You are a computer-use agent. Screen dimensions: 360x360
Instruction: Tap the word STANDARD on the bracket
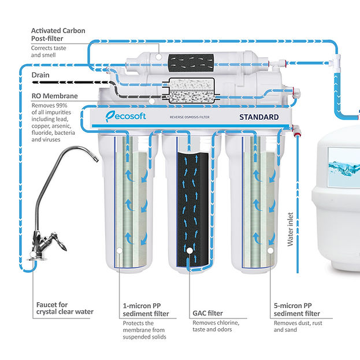click(x=259, y=117)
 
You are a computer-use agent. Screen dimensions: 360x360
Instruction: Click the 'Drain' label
click(x=40, y=75)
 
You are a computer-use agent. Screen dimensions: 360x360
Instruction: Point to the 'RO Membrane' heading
click(x=55, y=96)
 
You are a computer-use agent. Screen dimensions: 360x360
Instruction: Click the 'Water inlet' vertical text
click(x=291, y=228)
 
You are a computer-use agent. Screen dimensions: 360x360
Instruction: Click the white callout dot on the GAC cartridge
click(x=190, y=250)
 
